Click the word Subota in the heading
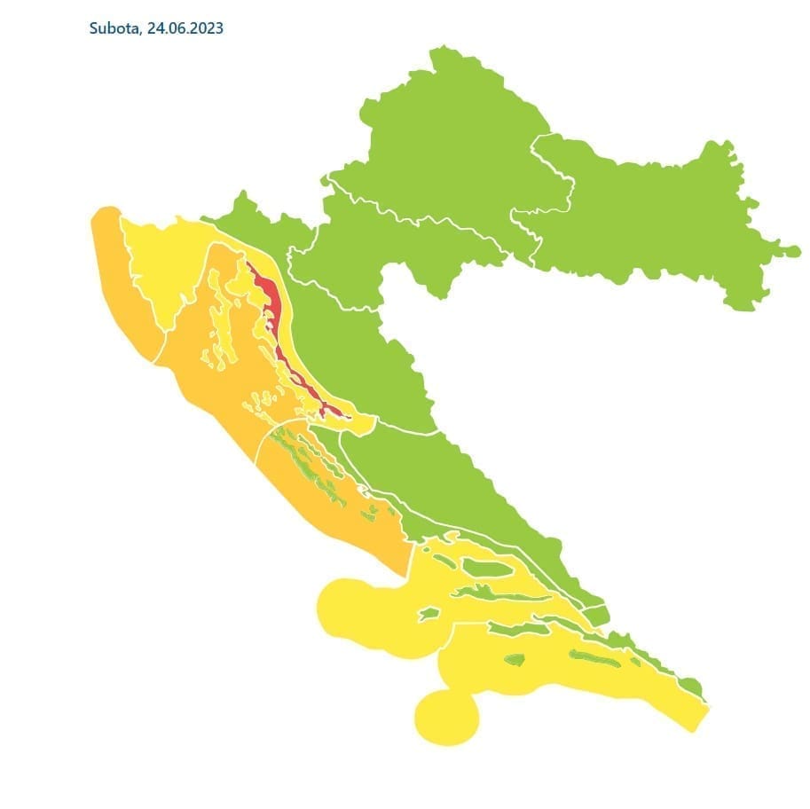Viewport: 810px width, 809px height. coord(113,28)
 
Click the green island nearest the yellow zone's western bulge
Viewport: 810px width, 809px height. coord(429,613)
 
